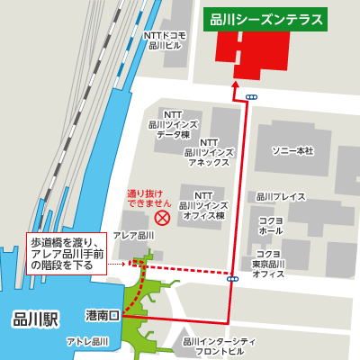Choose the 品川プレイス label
281,196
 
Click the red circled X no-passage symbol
162,219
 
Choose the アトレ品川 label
88,343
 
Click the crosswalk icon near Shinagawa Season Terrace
251,96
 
